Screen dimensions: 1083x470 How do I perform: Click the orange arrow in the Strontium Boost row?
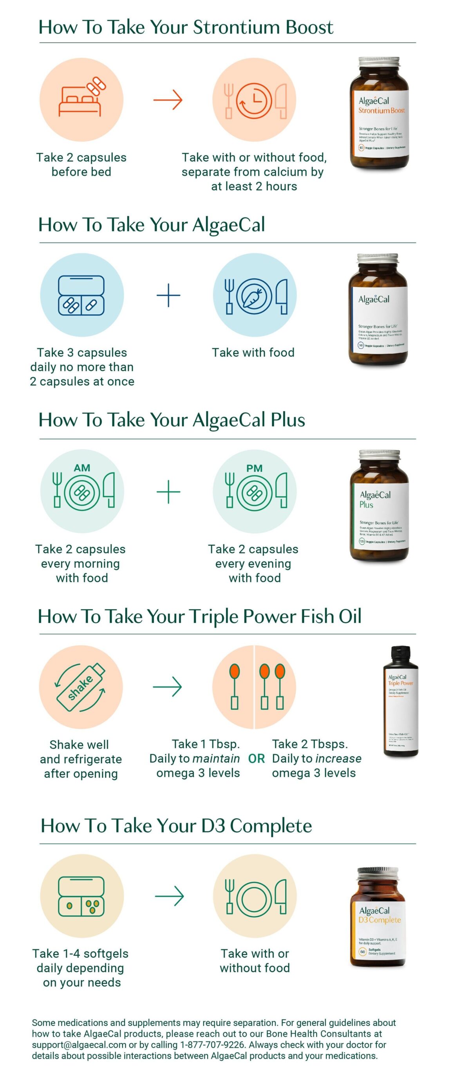(168, 100)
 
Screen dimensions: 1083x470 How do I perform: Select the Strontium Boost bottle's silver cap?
(379, 62)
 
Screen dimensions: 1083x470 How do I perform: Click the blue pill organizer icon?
(81, 295)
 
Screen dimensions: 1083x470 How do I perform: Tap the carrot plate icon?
(254, 296)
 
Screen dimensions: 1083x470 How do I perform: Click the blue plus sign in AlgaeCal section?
(168, 295)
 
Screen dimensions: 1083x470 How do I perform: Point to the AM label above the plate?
(82, 468)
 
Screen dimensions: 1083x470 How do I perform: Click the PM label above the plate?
(254, 468)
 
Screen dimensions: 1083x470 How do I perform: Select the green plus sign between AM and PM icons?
(168, 491)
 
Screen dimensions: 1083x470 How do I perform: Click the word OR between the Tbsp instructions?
(256, 759)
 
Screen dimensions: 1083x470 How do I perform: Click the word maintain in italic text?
(216, 759)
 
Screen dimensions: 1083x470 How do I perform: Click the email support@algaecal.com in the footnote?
(79, 1045)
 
